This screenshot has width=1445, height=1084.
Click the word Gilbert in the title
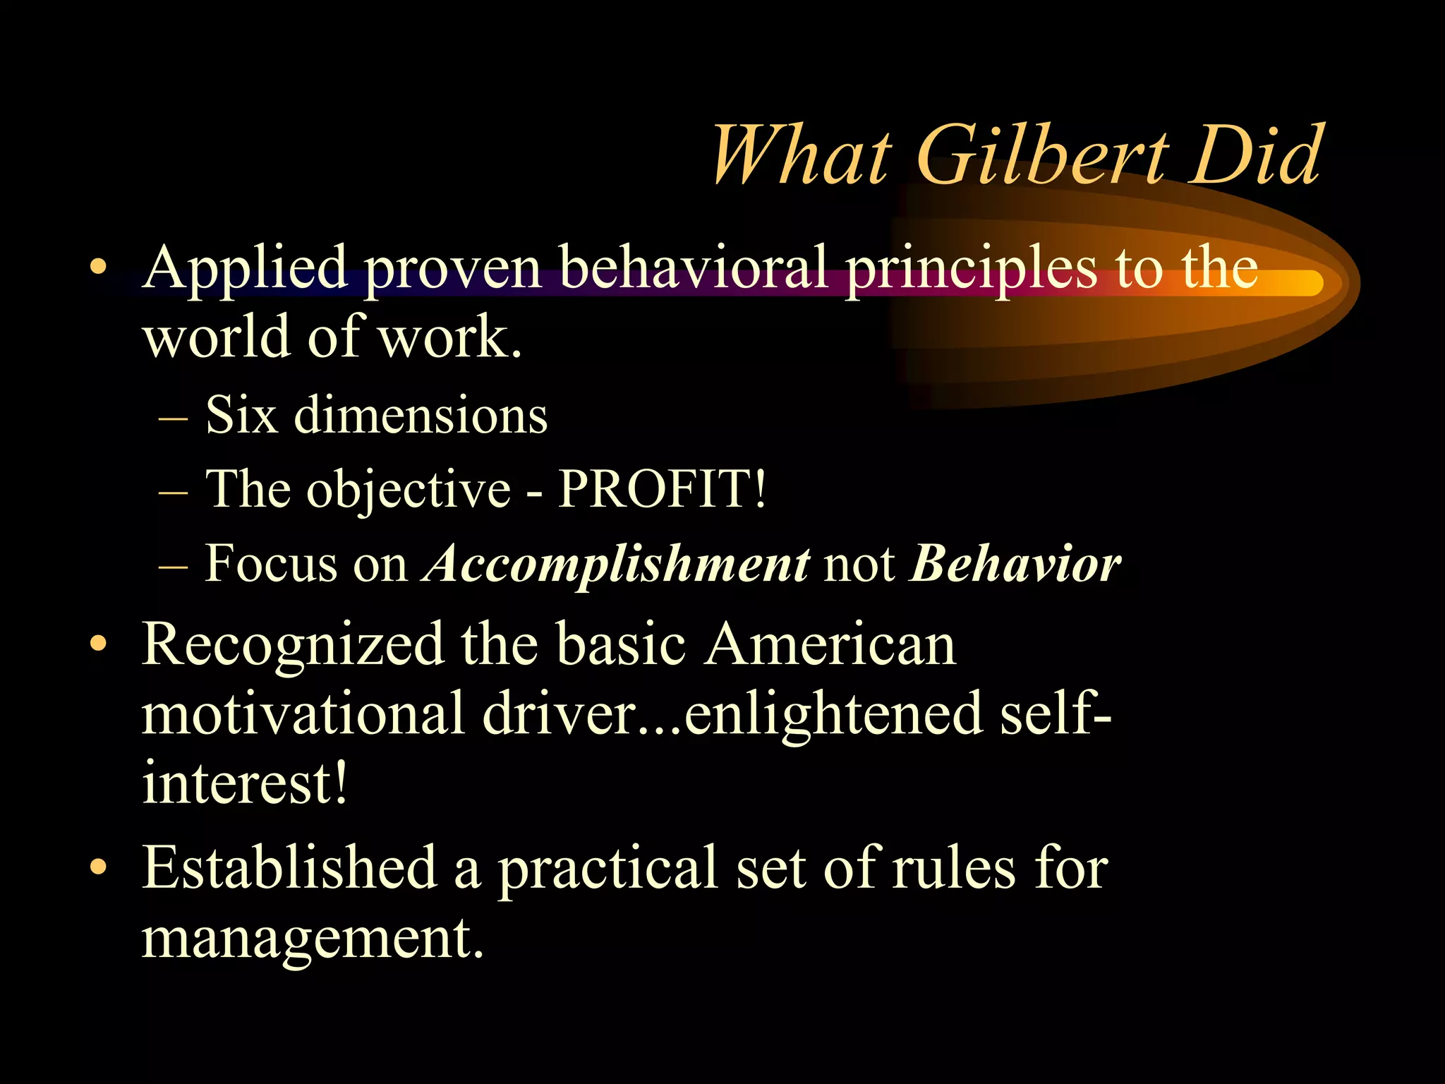click(x=1044, y=155)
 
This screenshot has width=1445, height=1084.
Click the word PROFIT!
click(x=661, y=488)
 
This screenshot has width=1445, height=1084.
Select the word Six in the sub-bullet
click(x=241, y=415)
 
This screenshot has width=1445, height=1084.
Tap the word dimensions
click(x=421, y=415)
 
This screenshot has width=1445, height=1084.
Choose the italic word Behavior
click(x=1015, y=563)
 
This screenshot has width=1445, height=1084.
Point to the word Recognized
click(x=293, y=645)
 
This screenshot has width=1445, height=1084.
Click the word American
click(x=830, y=644)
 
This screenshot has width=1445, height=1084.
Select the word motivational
click(x=303, y=714)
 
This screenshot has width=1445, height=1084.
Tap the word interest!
click(x=245, y=783)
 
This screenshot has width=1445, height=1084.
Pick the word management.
click(x=313, y=939)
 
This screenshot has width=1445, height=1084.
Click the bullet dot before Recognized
click(x=99, y=644)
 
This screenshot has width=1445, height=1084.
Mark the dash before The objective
click(x=174, y=492)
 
